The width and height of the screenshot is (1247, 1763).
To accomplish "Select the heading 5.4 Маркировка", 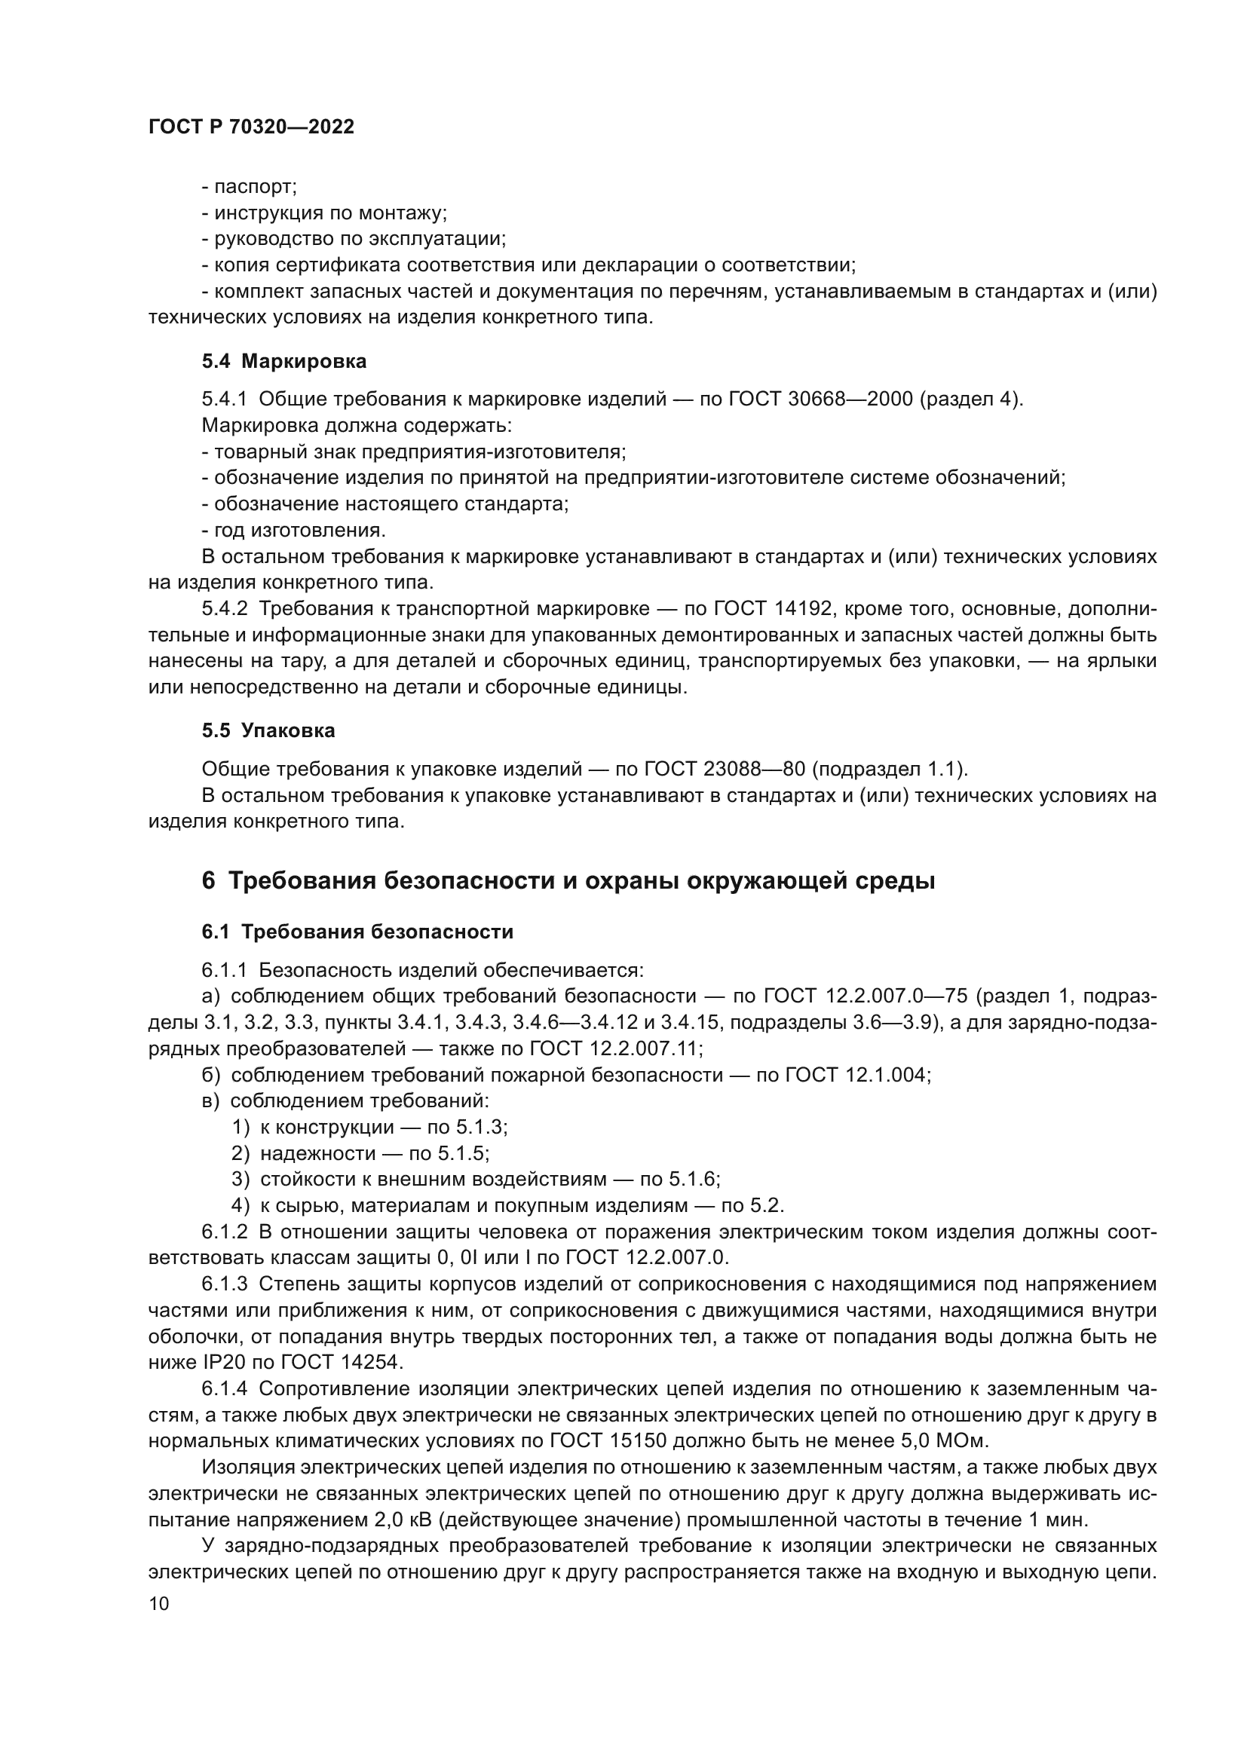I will pyautogui.click(x=284, y=361).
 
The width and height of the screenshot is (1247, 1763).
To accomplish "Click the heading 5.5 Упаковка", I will pyautogui.click(x=268, y=730).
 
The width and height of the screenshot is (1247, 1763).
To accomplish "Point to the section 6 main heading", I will pyautogui.click(x=568, y=880).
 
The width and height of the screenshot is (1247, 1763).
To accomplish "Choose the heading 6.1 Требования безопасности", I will pyautogui.click(x=358, y=932).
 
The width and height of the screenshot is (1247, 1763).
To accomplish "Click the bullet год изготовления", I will pyautogui.click(x=294, y=531).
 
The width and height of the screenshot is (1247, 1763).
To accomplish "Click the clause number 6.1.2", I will pyautogui.click(x=225, y=1232).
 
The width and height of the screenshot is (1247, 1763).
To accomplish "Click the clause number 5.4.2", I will pyautogui.click(x=225, y=609).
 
